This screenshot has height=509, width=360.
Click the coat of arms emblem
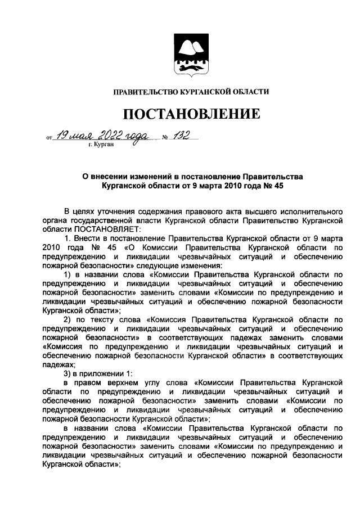187,56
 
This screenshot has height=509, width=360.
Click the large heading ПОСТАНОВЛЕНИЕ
192,114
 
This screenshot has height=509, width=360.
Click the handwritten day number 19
64,134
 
